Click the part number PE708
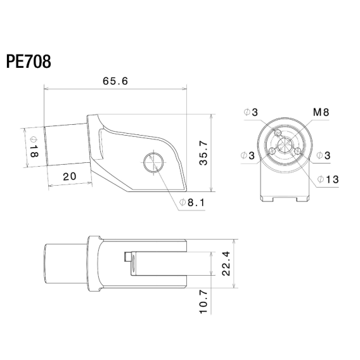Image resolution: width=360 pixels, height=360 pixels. coord(29,61)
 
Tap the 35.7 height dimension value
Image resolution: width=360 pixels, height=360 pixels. coord(203,153)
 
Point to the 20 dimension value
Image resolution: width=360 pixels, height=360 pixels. coord(69,176)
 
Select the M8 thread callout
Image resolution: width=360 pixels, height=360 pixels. coord(321,113)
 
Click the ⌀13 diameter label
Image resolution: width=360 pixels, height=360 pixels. coord(327,180)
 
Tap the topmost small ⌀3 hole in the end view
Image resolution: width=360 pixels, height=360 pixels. coord(278,132)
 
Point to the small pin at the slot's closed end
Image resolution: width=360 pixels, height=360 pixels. coord(127,257)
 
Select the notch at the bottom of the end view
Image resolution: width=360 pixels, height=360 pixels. coord(285,198)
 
